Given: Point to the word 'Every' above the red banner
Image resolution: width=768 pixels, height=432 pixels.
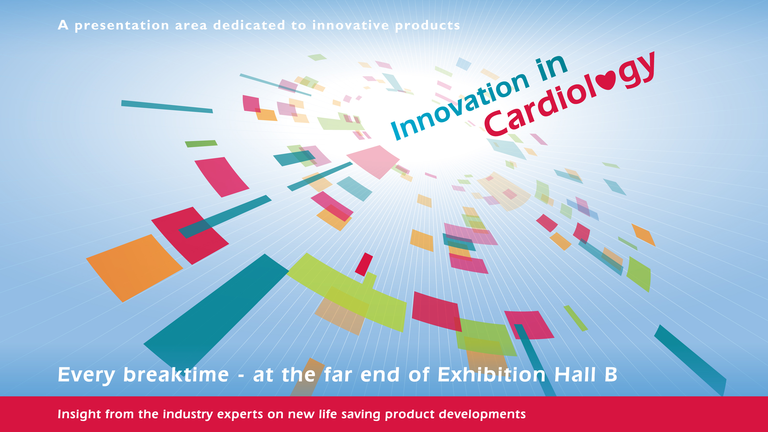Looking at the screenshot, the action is click(x=86, y=375).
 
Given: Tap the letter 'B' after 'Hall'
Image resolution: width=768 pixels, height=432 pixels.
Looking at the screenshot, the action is click(x=611, y=374).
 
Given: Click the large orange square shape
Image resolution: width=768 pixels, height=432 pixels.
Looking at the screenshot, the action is click(x=134, y=268).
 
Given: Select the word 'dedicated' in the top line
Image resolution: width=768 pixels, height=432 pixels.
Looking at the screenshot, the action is click(x=249, y=25).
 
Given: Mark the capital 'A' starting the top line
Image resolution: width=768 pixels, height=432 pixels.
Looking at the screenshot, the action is click(x=63, y=25).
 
